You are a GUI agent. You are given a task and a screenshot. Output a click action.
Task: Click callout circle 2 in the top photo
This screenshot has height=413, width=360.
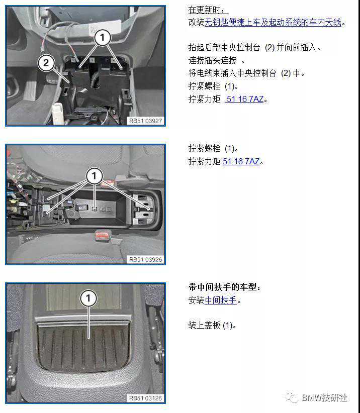[x=46, y=63]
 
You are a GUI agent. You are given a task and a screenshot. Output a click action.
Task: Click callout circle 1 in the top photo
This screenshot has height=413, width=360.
[x=103, y=37]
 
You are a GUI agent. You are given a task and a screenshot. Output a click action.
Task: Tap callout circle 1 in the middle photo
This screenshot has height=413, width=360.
[x=94, y=176]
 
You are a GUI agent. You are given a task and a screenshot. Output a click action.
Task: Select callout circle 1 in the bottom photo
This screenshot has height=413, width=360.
[x=88, y=298]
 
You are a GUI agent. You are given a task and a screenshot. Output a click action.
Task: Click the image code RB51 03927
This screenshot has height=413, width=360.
[x=145, y=121]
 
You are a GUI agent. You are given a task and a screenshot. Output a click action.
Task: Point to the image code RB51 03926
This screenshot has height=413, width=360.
[x=145, y=259]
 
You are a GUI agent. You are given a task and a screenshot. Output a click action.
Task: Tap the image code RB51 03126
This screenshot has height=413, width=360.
[x=145, y=398]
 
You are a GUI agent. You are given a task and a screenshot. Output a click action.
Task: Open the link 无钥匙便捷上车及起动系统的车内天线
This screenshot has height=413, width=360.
[x=273, y=23]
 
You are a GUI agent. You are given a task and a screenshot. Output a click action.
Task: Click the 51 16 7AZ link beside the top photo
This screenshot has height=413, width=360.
[x=245, y=99]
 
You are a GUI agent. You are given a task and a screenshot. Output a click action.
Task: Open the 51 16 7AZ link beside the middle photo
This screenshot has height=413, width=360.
[x=241, y=161]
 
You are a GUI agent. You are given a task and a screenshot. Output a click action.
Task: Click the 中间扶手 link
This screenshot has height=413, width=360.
[x=221, y=300]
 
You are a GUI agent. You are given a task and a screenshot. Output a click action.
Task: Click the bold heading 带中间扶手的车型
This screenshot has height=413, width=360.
[x=225, y=287]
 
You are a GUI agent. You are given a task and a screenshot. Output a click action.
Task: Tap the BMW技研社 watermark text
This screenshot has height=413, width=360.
[x=324, y=397]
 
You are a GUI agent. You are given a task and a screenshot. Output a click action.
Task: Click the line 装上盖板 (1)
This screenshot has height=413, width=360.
[x=212, y=325]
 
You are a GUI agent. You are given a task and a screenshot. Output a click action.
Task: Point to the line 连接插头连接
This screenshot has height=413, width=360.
[x=216, y=60]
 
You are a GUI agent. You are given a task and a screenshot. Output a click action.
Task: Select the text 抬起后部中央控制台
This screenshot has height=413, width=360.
[x=224, y=47]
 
